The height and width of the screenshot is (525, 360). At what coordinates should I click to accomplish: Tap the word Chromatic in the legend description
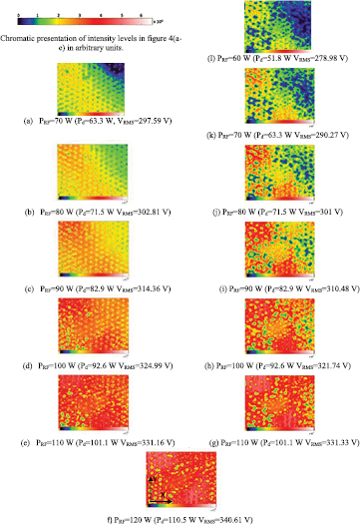[x=20, y=37]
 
